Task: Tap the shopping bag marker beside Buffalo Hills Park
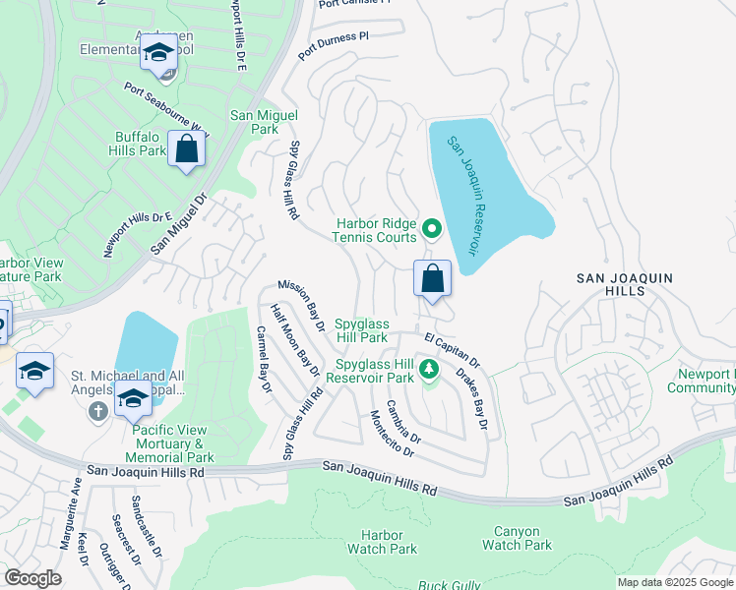tap(186, 149)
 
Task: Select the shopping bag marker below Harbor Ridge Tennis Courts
tap(432, 278)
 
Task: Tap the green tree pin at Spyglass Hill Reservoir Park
tap(428, 370)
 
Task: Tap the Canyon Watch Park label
tap(517, 538)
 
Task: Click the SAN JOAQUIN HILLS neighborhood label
tap(624, 285)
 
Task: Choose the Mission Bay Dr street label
tap(300, 301)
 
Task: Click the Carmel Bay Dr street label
tap(263, 359)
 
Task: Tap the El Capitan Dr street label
tap(452, 349)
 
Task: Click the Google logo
tap(31, 578)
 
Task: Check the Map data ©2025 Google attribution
tap(674, 582)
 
